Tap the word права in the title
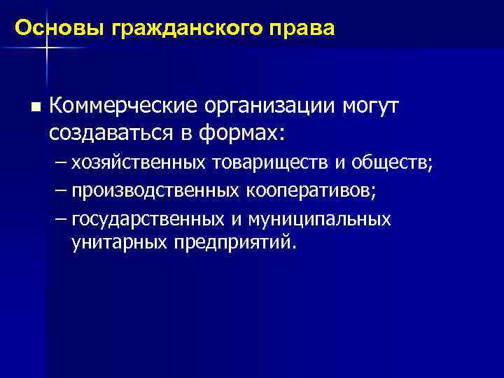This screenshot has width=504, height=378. point(305,29)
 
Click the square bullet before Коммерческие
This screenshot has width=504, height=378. point(34,108)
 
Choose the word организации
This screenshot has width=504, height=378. point(269,106)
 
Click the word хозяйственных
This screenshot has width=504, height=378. point(138,163)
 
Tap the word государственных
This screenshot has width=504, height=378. point(148,219)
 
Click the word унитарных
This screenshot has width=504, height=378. point(113,242)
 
